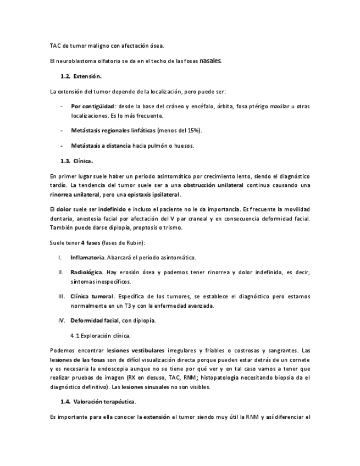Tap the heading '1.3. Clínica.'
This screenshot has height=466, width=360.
point(76,161)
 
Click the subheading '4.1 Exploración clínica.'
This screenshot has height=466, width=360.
point(100,335)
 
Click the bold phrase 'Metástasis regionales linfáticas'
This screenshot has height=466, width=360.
point(113,131)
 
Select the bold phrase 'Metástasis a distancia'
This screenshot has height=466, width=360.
point(101,146)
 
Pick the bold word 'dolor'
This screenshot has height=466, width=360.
point(64,209)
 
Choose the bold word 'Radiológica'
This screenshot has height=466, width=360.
point(87,272)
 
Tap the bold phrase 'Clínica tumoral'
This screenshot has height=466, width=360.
point(92,297)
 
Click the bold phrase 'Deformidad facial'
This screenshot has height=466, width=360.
point(95,320)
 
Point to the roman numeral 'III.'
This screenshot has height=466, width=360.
point(62,297)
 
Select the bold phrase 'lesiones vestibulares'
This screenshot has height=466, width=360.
point(135,350)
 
